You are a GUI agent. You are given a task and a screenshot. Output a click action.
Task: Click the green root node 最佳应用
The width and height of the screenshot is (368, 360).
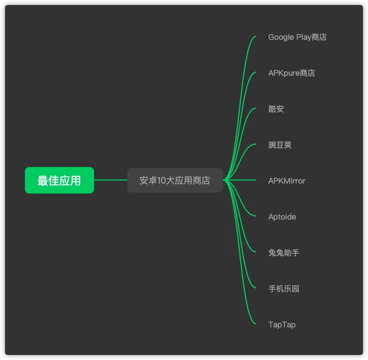tap(59, 180)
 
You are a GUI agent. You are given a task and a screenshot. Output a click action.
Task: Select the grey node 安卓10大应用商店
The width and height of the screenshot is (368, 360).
tap(175, 180)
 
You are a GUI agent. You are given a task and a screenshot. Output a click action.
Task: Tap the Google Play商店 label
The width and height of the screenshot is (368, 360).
tap(297, 37)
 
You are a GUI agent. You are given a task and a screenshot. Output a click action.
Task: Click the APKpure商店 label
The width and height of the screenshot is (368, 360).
tap(292, 73)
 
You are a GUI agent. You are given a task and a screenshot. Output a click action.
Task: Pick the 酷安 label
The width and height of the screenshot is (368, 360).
tap(276, 109)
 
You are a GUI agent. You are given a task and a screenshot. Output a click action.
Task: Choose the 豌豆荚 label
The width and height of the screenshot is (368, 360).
tap(280, 145)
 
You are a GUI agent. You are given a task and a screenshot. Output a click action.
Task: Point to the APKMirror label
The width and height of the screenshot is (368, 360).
tap(287, 181)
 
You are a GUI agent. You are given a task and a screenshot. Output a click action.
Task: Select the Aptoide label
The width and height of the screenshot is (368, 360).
tap(282, 217)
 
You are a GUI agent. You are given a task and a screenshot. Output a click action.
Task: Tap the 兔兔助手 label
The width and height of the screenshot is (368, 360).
tap(284, 253)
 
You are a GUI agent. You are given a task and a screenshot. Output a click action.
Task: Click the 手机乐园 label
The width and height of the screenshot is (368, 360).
tap(284, 289)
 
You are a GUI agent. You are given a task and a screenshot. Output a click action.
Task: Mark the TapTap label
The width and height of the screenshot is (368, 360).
tap(282, 325)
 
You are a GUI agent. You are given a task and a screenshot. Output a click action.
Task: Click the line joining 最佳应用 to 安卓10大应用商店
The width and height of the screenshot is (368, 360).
tap(111, 180)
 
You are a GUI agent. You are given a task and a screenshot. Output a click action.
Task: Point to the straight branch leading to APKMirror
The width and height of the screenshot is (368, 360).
tap(240, 180)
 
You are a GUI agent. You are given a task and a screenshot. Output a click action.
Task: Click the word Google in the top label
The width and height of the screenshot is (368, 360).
tap(281, 37)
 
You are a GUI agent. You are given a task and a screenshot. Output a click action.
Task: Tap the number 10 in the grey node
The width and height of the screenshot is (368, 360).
tap(162, 180)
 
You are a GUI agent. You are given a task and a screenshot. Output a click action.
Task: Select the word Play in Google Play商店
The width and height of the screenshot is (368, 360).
tap(304, 37)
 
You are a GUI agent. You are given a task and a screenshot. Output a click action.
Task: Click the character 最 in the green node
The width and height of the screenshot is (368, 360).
tap(43, 181)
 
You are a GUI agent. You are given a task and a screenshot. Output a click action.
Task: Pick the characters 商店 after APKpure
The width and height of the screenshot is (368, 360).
tap(307, 73)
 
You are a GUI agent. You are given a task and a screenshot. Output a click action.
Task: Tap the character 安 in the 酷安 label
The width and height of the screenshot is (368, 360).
tap(280, 109)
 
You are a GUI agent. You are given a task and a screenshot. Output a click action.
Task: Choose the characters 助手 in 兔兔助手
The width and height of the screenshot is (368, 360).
tap(292, 253)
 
